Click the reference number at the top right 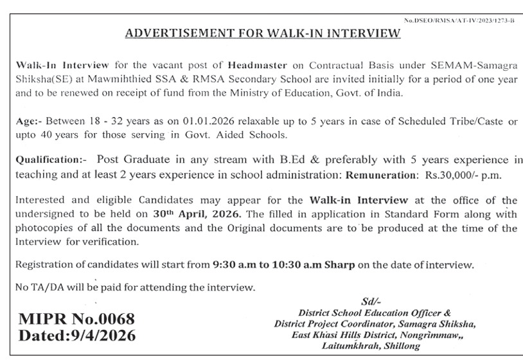tap(459, 21)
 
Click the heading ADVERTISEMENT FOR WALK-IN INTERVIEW tap(261, 33)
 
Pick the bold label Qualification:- tap(44, 159)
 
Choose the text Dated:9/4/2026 tap(78, 336)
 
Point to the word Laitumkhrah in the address tap(346, 346)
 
